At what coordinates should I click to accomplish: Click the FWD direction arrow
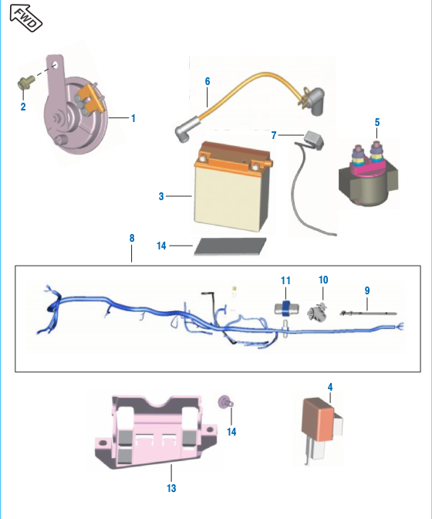click(25, 18)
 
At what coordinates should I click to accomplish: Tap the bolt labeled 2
click(25, 82)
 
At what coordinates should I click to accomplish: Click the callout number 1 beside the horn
click(133, 118)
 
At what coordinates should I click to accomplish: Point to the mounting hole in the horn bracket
click(56, 65)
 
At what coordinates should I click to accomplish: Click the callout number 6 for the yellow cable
click(208, 81)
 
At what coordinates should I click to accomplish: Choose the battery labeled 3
click(233, 186)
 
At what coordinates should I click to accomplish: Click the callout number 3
click(161, 196)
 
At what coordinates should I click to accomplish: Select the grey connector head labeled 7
click(313, 139)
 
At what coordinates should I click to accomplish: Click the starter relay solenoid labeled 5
click(369, 175)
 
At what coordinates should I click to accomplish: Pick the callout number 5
click(377, 122)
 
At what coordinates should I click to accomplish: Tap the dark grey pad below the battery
click(230, 246)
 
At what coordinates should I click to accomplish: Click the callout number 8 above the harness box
click(132, 238)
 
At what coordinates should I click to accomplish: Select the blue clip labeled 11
click(286, 308)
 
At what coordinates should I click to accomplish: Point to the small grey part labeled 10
click(318, 312)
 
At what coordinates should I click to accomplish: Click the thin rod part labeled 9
click(368, 313)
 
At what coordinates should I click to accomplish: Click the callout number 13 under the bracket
click(171, 488)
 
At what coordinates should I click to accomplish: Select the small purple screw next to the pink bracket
click(226, 402)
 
